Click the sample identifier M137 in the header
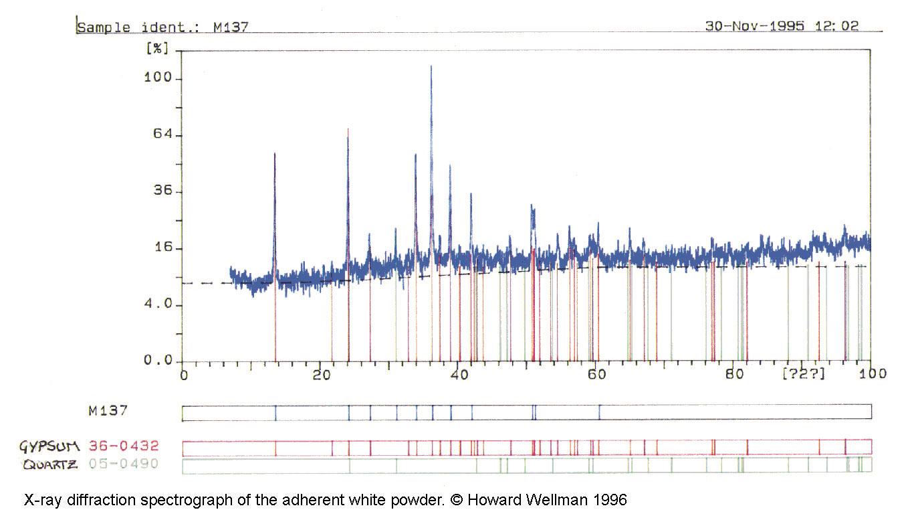(231, 28)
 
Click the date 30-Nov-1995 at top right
(754, 26)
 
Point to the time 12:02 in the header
(836, 26)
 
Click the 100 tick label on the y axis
(158, 78)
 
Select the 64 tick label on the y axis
(162, 135)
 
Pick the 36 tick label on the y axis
(162, 191)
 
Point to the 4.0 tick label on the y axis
(158, 304)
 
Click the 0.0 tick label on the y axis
(158, 361)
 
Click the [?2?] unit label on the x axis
(804, 373)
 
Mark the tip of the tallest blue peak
(431, 66)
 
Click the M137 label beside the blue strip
(108, 411)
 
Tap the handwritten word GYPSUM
(50, 446)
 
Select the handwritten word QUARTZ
(49, 464)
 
